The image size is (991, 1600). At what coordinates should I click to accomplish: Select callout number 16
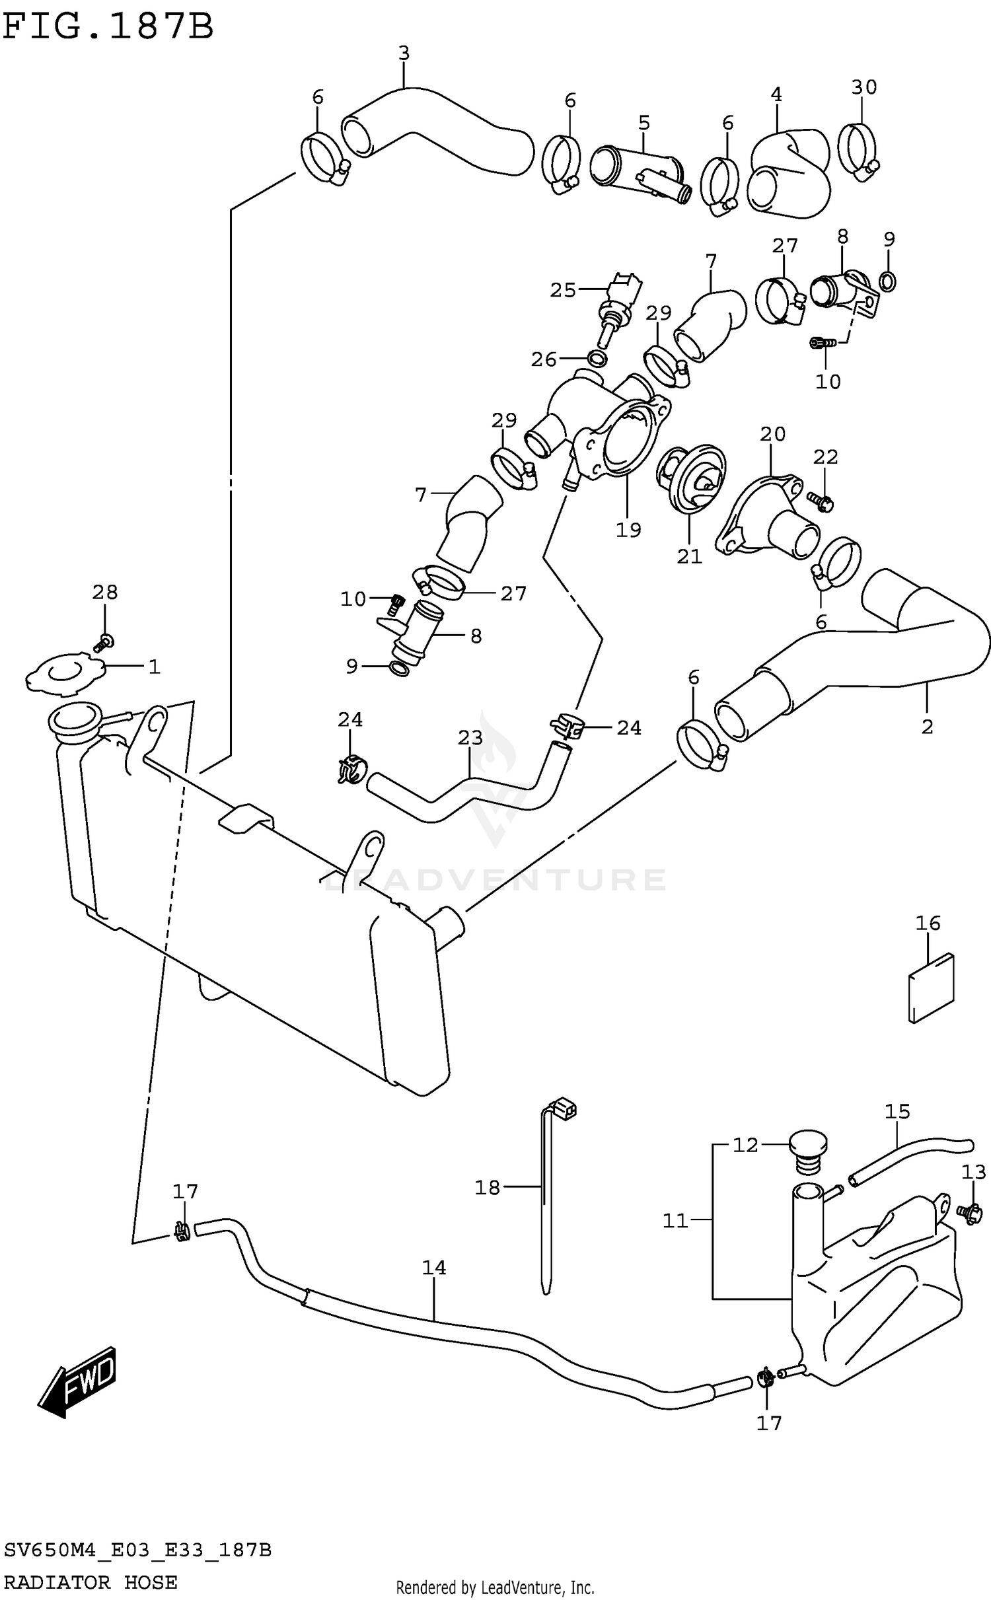point(928,924)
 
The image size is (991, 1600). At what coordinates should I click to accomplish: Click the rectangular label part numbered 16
point(932,988)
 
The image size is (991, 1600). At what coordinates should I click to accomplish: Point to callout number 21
point(689,556)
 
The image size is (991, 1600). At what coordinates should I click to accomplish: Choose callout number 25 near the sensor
point(563,290)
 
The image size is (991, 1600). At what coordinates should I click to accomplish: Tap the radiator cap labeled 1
point(66,673)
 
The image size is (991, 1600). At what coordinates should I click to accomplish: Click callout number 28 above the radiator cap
point(105,593)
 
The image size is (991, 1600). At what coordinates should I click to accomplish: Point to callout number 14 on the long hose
point(434,1268)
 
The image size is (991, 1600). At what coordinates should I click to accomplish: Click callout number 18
point(488,1188)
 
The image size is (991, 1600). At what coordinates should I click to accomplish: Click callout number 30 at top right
point(863,87)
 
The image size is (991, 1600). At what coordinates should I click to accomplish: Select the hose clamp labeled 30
point(859,151)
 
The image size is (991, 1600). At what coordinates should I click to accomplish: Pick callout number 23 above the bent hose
point(470,737)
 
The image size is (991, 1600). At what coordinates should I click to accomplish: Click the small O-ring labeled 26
point(597,359)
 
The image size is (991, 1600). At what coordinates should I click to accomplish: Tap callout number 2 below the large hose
point(927,727)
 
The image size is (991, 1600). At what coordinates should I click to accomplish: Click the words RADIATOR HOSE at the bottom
point(91,1582)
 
